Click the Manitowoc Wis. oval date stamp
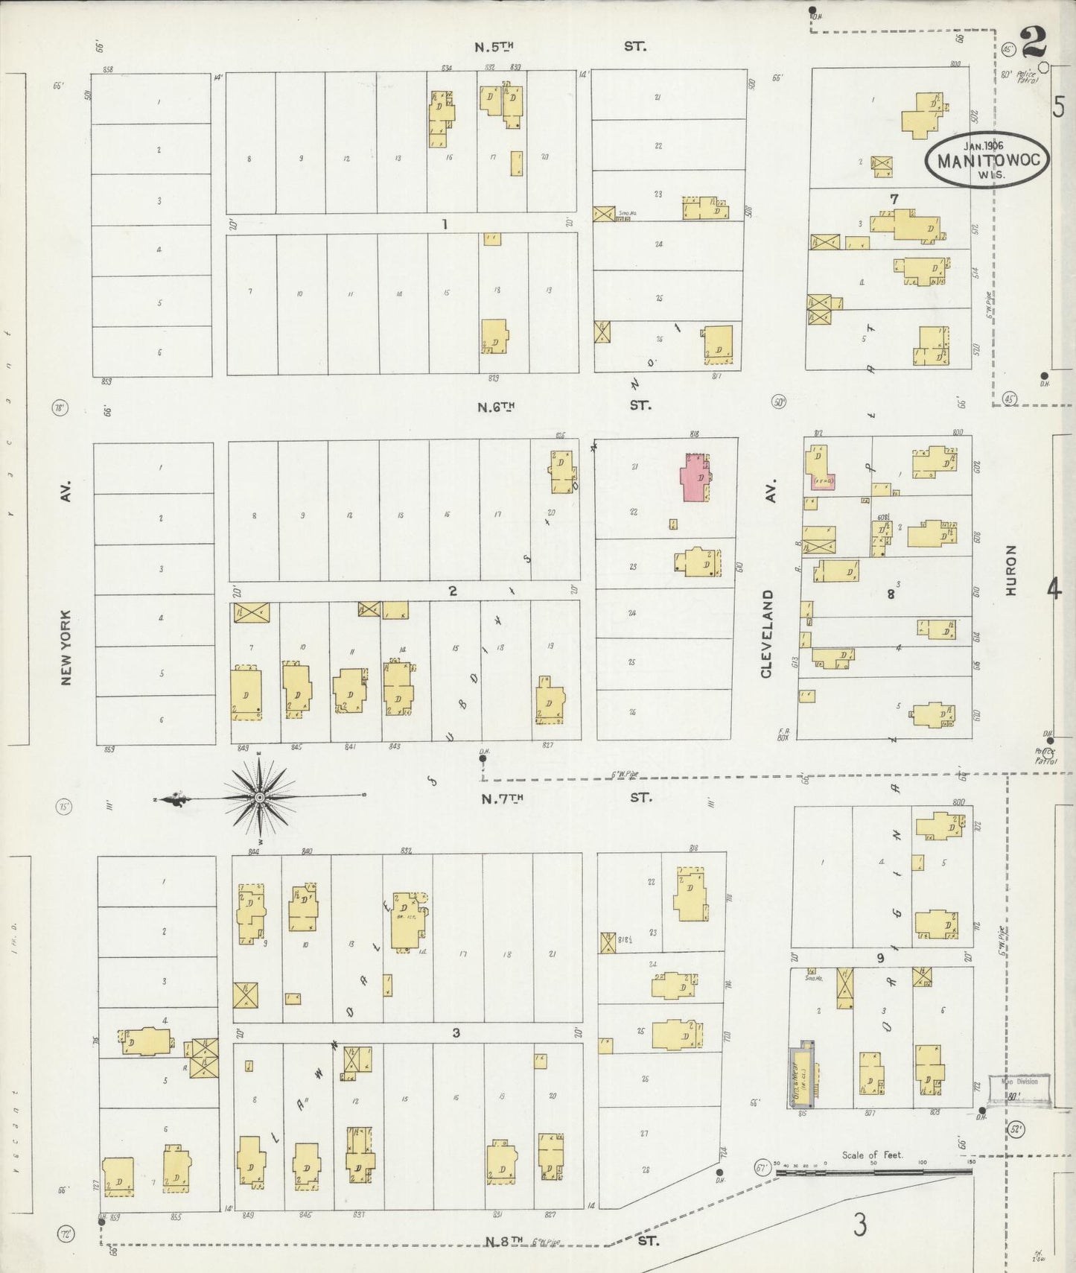(987, 160)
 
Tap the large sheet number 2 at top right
(1034, 42)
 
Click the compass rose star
(259, 798)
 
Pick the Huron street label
(1010, 570)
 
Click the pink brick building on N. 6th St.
(696, 477)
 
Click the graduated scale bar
(873, 1172)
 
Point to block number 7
(894, 199)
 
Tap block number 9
(880, 958)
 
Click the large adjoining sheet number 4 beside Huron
(1053, 590)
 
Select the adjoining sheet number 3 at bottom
(860, 1225)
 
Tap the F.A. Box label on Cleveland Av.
(783, 734)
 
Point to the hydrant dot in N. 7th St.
(483, 759)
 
